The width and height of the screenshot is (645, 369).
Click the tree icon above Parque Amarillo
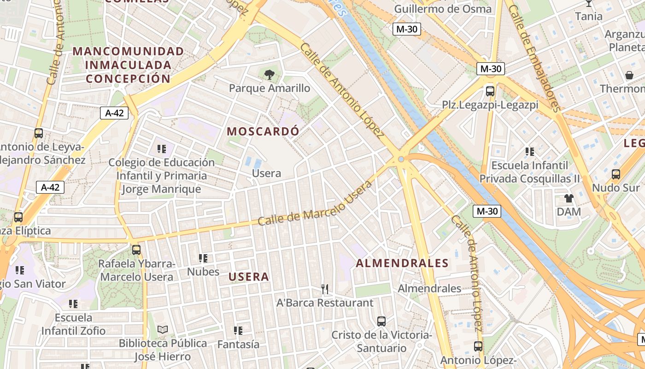[x=270, y=74]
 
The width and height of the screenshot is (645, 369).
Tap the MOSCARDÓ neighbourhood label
[x=263, y=131]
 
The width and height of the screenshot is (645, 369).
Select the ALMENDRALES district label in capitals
[x=402, y=263]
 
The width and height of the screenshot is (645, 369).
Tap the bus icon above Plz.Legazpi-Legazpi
[x=490, y=91]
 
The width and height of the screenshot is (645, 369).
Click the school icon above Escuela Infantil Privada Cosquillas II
[x=530, y=151]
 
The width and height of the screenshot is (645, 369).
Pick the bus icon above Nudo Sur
[x=616, y=174]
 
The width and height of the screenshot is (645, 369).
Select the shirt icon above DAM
[x=569, y=198]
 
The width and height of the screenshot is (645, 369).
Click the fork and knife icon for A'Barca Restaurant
[x=325, y=289]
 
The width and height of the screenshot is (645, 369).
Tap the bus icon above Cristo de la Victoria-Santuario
[x=381, y=321]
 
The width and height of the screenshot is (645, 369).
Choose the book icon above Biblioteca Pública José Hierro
[x=163, y=329]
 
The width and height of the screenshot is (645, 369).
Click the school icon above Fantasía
[x=238, y=331]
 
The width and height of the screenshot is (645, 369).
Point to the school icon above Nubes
[x=203, y=258]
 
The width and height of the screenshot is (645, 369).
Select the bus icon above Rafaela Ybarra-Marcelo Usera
[x=136, y=250]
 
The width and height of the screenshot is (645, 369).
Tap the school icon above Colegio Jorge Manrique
[x=162, y=149]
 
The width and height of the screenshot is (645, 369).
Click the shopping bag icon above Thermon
[x=629, y=75]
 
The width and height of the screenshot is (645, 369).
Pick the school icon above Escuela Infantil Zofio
[x=74, y=304]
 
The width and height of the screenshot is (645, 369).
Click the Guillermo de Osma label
[x=443, y=9]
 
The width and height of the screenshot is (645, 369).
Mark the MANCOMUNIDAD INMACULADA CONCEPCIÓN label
[x=128, y=65]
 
